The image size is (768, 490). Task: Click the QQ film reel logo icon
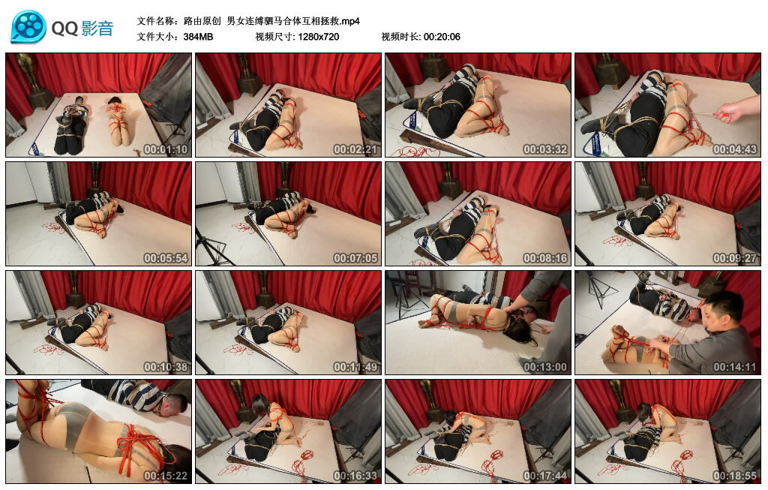(x=28, y=28)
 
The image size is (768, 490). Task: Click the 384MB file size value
(x=198, y=36)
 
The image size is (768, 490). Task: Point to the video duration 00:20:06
(x=442, y=36)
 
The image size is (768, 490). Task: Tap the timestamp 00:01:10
(x=165, y=149)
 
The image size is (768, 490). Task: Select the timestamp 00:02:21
(x=355, y=149)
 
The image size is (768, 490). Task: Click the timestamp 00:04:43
(x=734, y=149)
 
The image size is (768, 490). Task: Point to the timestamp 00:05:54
(x=165, y=258)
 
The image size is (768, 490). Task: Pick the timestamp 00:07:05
(x=355, y=258)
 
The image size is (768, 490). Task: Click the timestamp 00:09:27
(x=734, y=258)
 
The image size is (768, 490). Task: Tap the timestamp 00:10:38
(x=165, y=367)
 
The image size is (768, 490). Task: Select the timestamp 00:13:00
(x=544, y=367)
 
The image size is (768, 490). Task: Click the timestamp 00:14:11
(x=734, y=367)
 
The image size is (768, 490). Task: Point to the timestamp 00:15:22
(x=165, y=476)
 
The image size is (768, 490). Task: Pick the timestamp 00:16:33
(x=355, y=476)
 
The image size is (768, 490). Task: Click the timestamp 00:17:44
(x=544, y=476)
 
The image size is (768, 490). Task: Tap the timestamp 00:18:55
(x=734, y=476)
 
